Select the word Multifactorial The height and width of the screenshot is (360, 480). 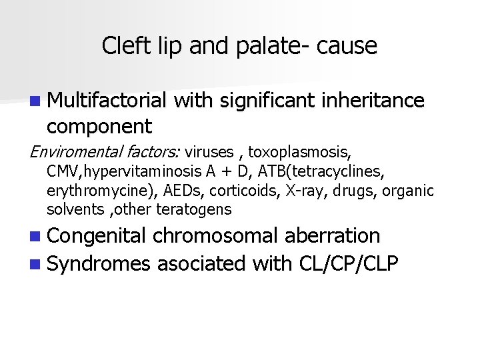tap(107, 101)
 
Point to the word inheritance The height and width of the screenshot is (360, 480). tap(373, 101)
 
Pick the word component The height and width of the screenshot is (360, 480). tap(99, 126)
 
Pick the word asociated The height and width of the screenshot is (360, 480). tap(201, 264)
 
